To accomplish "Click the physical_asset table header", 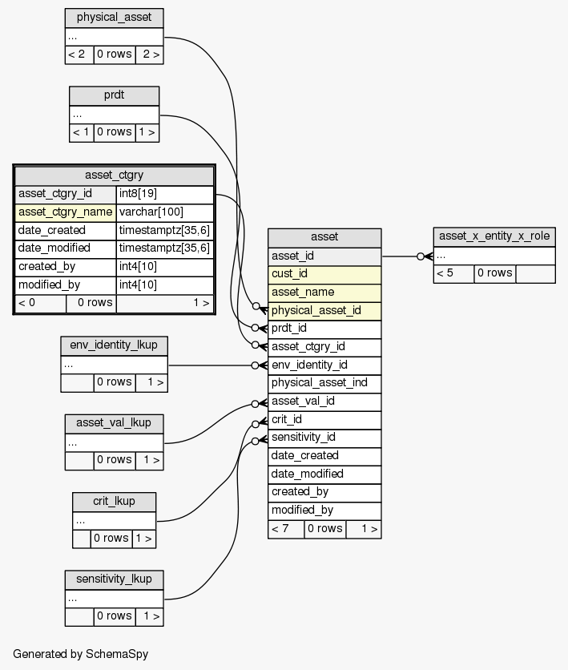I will coord(114,17).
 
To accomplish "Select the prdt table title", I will coord(114,95).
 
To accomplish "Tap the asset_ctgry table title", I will coord(114,176).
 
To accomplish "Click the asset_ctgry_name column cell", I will coord(66,212).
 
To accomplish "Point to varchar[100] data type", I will coord(164,212).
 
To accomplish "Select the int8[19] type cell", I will coord(164,194).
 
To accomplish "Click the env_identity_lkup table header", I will coord(114,345).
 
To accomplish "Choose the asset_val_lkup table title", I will coord(114,422).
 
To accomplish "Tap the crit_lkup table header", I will coord(114,501).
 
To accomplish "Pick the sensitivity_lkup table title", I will coord(114,579).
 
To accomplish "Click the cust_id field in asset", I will coord(324,274).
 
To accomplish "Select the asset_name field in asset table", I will coord(324,292).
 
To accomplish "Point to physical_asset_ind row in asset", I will coord(324,382).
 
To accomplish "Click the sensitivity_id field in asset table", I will coord(324,437).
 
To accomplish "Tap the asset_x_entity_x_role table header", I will coord(494,236).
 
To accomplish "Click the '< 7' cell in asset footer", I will coord(285,528).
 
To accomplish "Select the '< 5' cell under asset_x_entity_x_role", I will coord(453,273).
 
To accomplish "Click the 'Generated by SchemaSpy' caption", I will coord(81,654).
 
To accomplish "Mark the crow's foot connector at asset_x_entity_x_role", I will coord(425,256).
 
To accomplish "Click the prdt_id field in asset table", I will coord(324,329).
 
